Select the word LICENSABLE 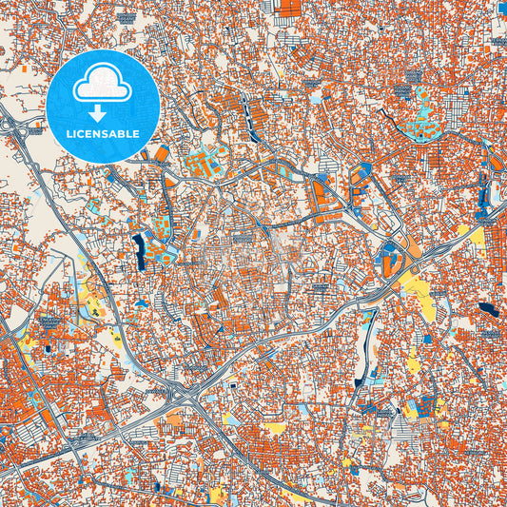point(103,134)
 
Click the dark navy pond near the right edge point(488,309)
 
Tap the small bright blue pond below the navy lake point(142,302)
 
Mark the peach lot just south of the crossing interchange point(176,418)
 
